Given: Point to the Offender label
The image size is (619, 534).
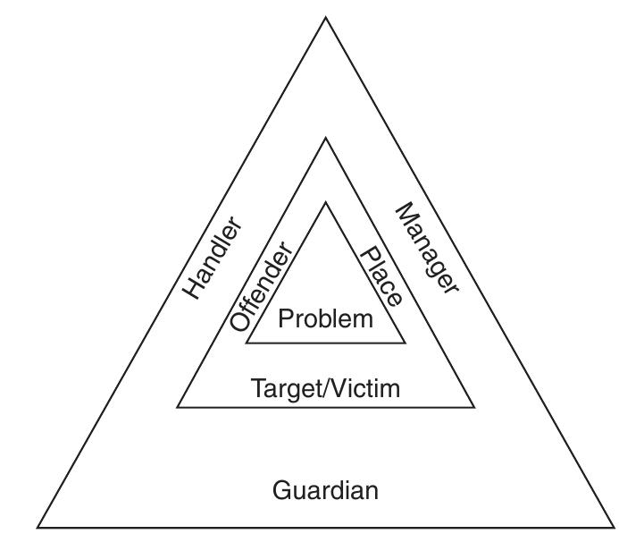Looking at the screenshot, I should coord(261,286).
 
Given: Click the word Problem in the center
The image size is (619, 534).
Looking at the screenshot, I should coord(325,318).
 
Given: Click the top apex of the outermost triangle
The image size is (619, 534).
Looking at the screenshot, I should coord(325,17).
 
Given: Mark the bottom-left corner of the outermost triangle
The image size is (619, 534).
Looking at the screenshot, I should coord(38,528).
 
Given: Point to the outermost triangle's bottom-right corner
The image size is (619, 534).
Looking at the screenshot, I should coord(614,528).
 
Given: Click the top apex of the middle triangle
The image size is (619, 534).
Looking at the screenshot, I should coord(325,137).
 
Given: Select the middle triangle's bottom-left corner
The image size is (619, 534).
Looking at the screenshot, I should coord(177,407).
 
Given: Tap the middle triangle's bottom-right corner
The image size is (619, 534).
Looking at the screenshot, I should coord(474,407).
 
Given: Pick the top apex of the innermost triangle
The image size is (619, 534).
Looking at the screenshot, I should coord(325,202).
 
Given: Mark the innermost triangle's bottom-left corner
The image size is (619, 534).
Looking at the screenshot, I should coord(246,343).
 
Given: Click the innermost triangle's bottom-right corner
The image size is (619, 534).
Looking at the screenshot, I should coord(406,343).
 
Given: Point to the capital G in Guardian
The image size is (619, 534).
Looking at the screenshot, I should coord(280,490).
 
